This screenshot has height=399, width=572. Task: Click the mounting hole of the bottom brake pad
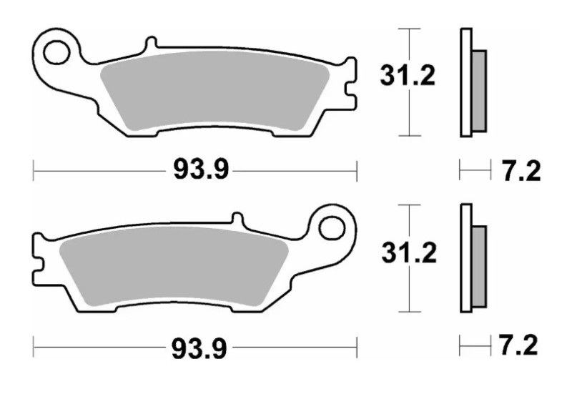point(331,228)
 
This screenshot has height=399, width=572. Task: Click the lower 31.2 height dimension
point(408,252)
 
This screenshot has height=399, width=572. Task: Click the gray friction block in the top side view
point(479,91)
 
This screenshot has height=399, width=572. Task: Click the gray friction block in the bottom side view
point(479,267)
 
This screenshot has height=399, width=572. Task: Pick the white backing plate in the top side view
point(466,82)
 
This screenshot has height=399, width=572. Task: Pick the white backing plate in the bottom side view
point(466,258)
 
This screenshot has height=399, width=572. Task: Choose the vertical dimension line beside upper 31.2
point(408,114)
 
